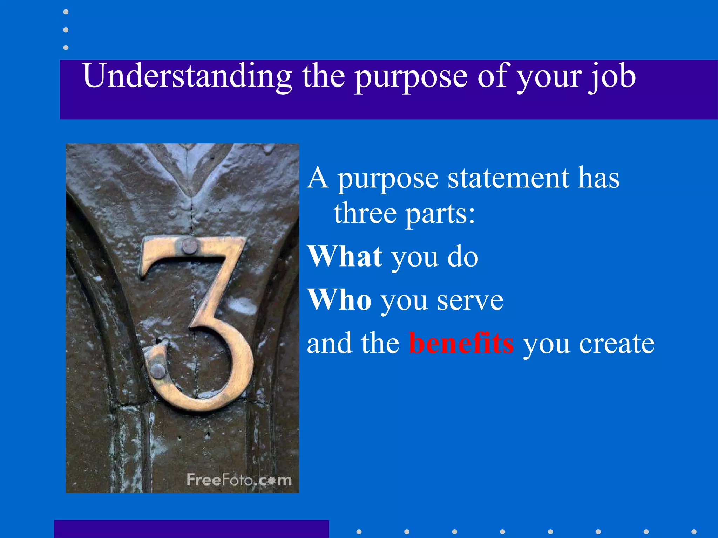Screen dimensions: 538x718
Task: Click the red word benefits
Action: coord(461,343)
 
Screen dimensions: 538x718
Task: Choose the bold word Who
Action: coord(339,300)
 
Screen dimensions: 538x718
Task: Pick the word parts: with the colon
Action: coord(440,214)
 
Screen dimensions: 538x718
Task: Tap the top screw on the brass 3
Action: coord(190,247)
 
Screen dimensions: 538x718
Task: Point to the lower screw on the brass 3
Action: coord(157,371)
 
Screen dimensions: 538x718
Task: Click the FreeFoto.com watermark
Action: coord(239,480)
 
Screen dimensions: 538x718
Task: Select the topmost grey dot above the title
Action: coord(66,12)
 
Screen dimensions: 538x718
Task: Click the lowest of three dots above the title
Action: coord(66,47)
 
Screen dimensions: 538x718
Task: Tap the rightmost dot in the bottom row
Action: coord(693,532)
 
